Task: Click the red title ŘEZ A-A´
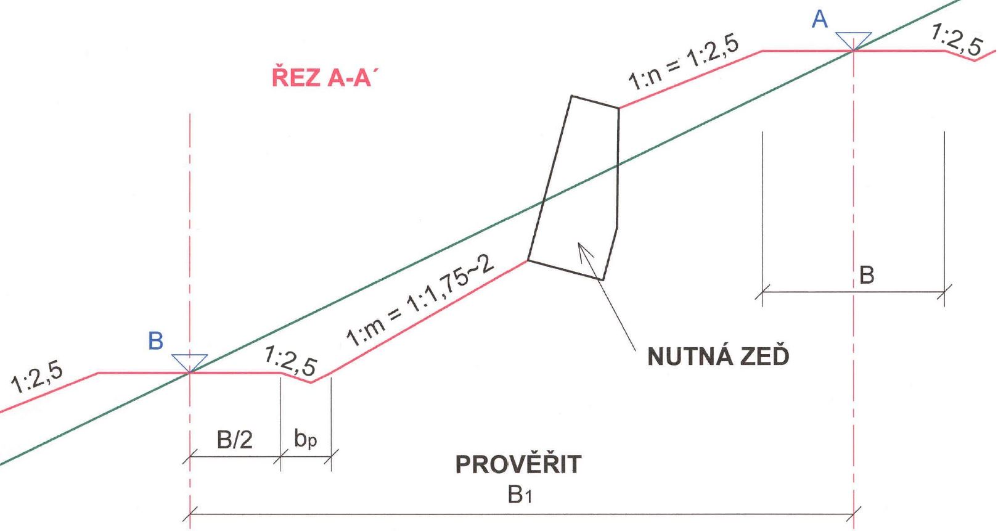pos(322,76)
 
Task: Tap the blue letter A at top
pos(820,20)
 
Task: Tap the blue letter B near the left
pos(155,341)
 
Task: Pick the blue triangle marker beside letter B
pos(190,363)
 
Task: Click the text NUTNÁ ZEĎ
pos(718,356)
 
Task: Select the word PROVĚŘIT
pos(518,464)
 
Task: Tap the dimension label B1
pos(520,495)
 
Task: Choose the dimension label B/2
pos(234,440)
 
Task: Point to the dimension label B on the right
pos(867,275)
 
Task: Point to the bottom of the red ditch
pos(310,382)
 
